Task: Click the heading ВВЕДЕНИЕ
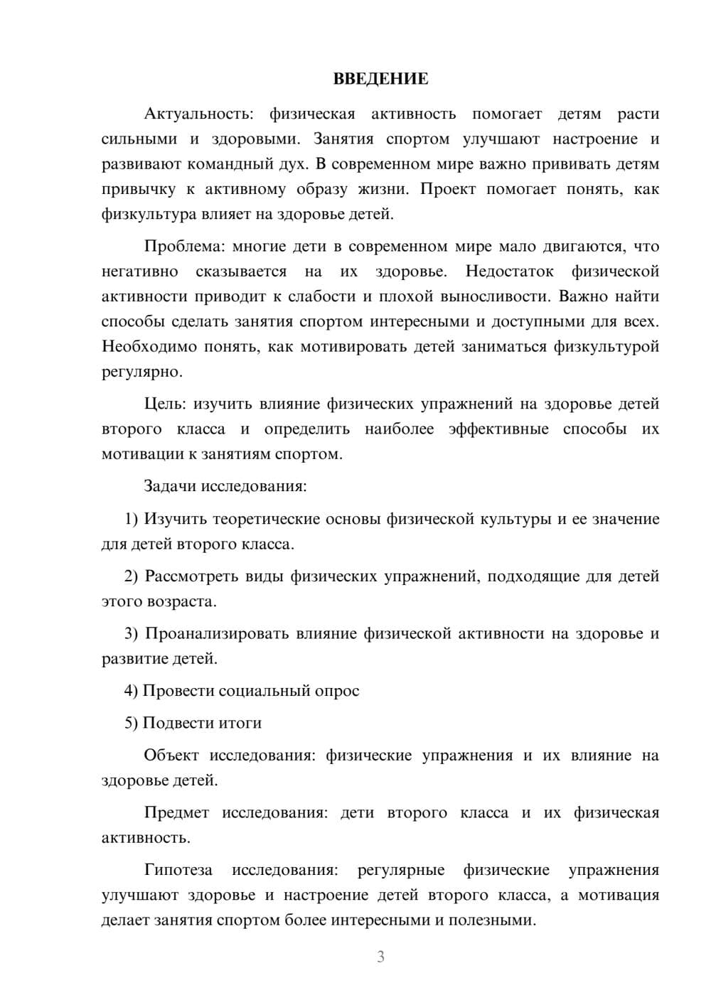[380, 79]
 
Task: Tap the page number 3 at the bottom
[380, 957]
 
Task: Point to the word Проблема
[183, 247]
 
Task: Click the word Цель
[165, 404]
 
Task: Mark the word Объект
[171, 756]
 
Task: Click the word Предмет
[176, 813]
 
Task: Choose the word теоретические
[265, 520]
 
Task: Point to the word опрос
[336, 691]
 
